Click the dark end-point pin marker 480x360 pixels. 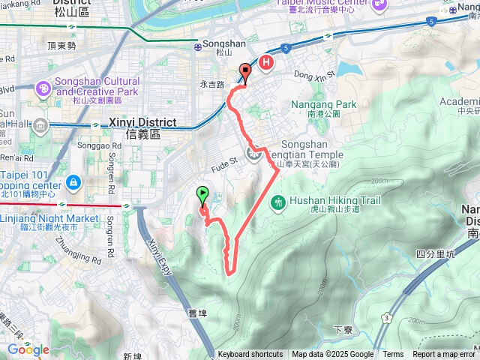[244, 73]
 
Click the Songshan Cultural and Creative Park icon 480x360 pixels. [44, 89]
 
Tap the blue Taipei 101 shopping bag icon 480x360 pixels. [73, 160]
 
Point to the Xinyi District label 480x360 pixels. [142, 122]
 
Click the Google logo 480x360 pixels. [28, 349]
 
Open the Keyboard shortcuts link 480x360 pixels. [250, 355]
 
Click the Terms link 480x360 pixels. [393, 355]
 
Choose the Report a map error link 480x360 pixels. [444, 355]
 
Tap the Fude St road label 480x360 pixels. [224, 160]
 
